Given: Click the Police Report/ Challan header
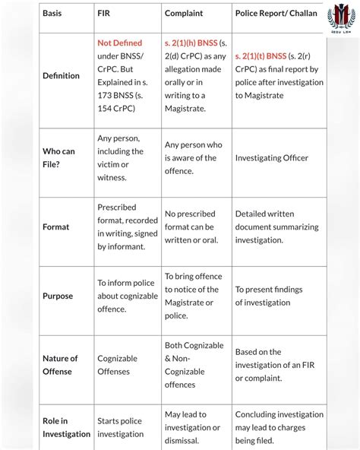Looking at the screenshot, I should tap(276, 13).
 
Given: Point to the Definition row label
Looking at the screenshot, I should tap(61, 76).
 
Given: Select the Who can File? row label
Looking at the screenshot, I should tap(58, 158).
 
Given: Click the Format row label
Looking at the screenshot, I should tap(55, 227).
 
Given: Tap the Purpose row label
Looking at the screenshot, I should tap(58, 296).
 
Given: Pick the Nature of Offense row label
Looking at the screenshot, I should tap(60, 364).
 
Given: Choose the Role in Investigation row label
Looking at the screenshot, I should tap(66, 427).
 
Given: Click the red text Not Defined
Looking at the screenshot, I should tap(119, 43).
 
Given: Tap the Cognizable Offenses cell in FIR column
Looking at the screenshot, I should tap(117, 365).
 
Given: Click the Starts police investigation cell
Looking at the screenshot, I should tap(120, 427).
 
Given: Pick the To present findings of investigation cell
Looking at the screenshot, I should tap(268, 296).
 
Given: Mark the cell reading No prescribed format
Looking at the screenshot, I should tap(190, 220).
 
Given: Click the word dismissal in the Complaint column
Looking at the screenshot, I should tap(182, 440).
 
